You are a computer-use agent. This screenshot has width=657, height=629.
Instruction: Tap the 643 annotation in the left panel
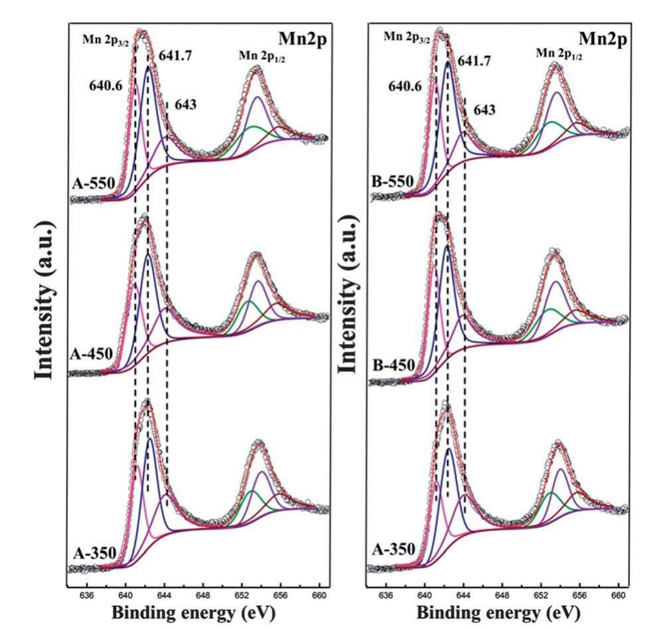[x=185, y=104]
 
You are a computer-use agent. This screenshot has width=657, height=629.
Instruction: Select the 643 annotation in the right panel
[x=484, y=110]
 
